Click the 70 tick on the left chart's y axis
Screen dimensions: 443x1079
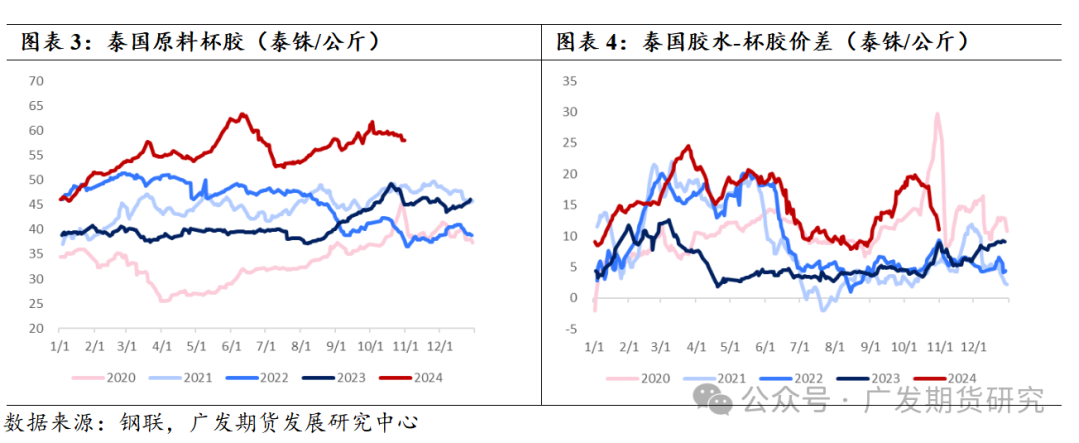[37, 80]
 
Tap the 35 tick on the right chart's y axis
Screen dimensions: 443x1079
[571, 82]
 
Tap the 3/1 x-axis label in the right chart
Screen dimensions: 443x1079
[661, 346]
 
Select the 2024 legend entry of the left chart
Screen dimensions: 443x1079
[411, 378]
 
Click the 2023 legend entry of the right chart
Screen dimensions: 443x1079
[870, 378]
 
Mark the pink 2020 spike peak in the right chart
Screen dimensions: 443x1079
[937, 114]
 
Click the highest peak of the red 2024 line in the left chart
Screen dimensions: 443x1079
[241, 115]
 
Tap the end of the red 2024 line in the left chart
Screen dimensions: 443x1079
[404, 140]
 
